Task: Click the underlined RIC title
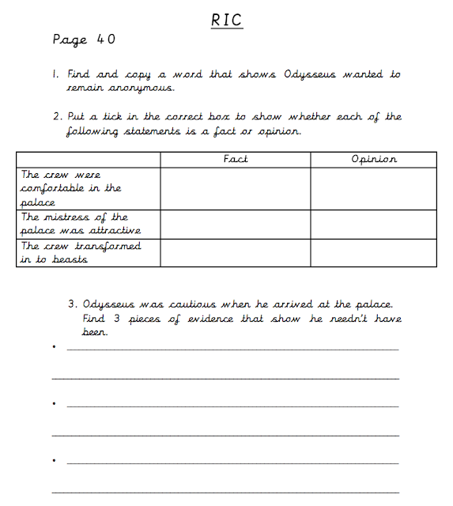pos(226,21)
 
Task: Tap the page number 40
pos(107,39)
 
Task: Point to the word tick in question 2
pos(119,117)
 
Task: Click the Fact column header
pos(236,159)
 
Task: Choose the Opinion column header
pos(373,159)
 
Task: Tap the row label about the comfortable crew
pos(71,188)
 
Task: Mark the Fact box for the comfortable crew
pos(236,188)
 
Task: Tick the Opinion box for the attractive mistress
pos(373,224)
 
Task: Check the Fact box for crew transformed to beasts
pos(236,253)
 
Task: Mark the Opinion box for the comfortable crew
pos(373,188)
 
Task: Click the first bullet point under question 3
pos(53,346)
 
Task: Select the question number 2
pos(58,117)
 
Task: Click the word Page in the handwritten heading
pos(70,40)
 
